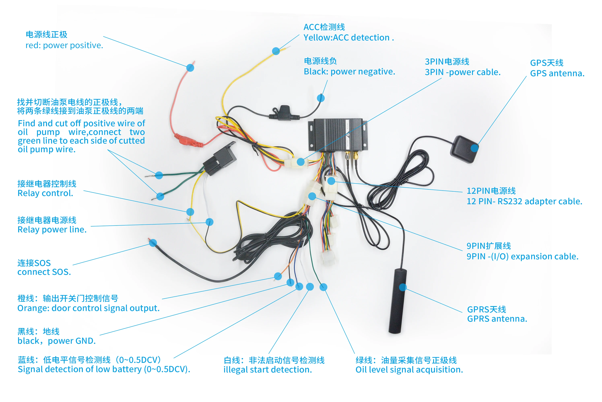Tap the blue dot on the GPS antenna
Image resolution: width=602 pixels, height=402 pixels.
coord(474,148)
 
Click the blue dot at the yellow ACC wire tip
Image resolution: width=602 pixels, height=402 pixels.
coord(276,51)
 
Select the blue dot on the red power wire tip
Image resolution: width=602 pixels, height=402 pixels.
coord(190,68)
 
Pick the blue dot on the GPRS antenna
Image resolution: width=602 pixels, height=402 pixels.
coord(403,287)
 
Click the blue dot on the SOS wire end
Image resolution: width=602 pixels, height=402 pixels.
coord(153,243)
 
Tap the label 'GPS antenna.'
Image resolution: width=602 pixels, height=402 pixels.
coord(557,73)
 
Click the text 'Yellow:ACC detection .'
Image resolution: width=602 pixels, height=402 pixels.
coord(348,38)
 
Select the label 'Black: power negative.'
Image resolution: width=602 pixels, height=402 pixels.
coord(349,72)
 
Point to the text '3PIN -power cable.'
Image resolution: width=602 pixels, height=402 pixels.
coord(462,72)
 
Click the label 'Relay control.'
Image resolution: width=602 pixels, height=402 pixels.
coord(45,193)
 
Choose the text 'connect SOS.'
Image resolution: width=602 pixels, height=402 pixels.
coord(44,272)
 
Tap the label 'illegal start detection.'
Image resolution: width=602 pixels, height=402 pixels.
coord(267,369)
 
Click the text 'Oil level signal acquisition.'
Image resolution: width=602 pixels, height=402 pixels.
coord(409,369)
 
